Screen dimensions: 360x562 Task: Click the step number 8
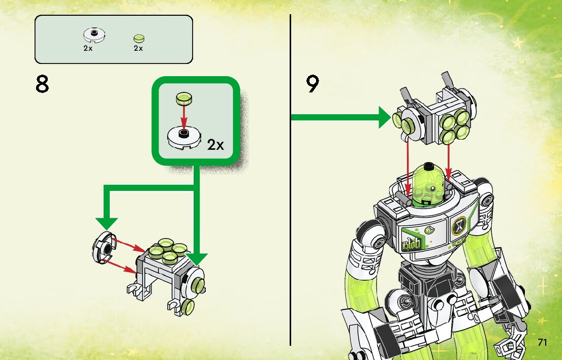pos(42,84)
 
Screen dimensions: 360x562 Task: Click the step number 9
pos(313,84)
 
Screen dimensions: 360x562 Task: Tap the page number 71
pos(542,342)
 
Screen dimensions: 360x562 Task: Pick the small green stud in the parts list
pos(138,39)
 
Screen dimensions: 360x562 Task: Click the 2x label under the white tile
pos(88,48)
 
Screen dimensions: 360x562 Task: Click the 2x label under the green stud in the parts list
pos(138,48)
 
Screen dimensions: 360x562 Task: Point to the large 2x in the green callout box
pos(216,145)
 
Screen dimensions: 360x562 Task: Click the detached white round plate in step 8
pos(103,247)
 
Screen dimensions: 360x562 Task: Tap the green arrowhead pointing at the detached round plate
pos(107,223)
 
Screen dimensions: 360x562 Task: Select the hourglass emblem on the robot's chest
pos(459,223)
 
